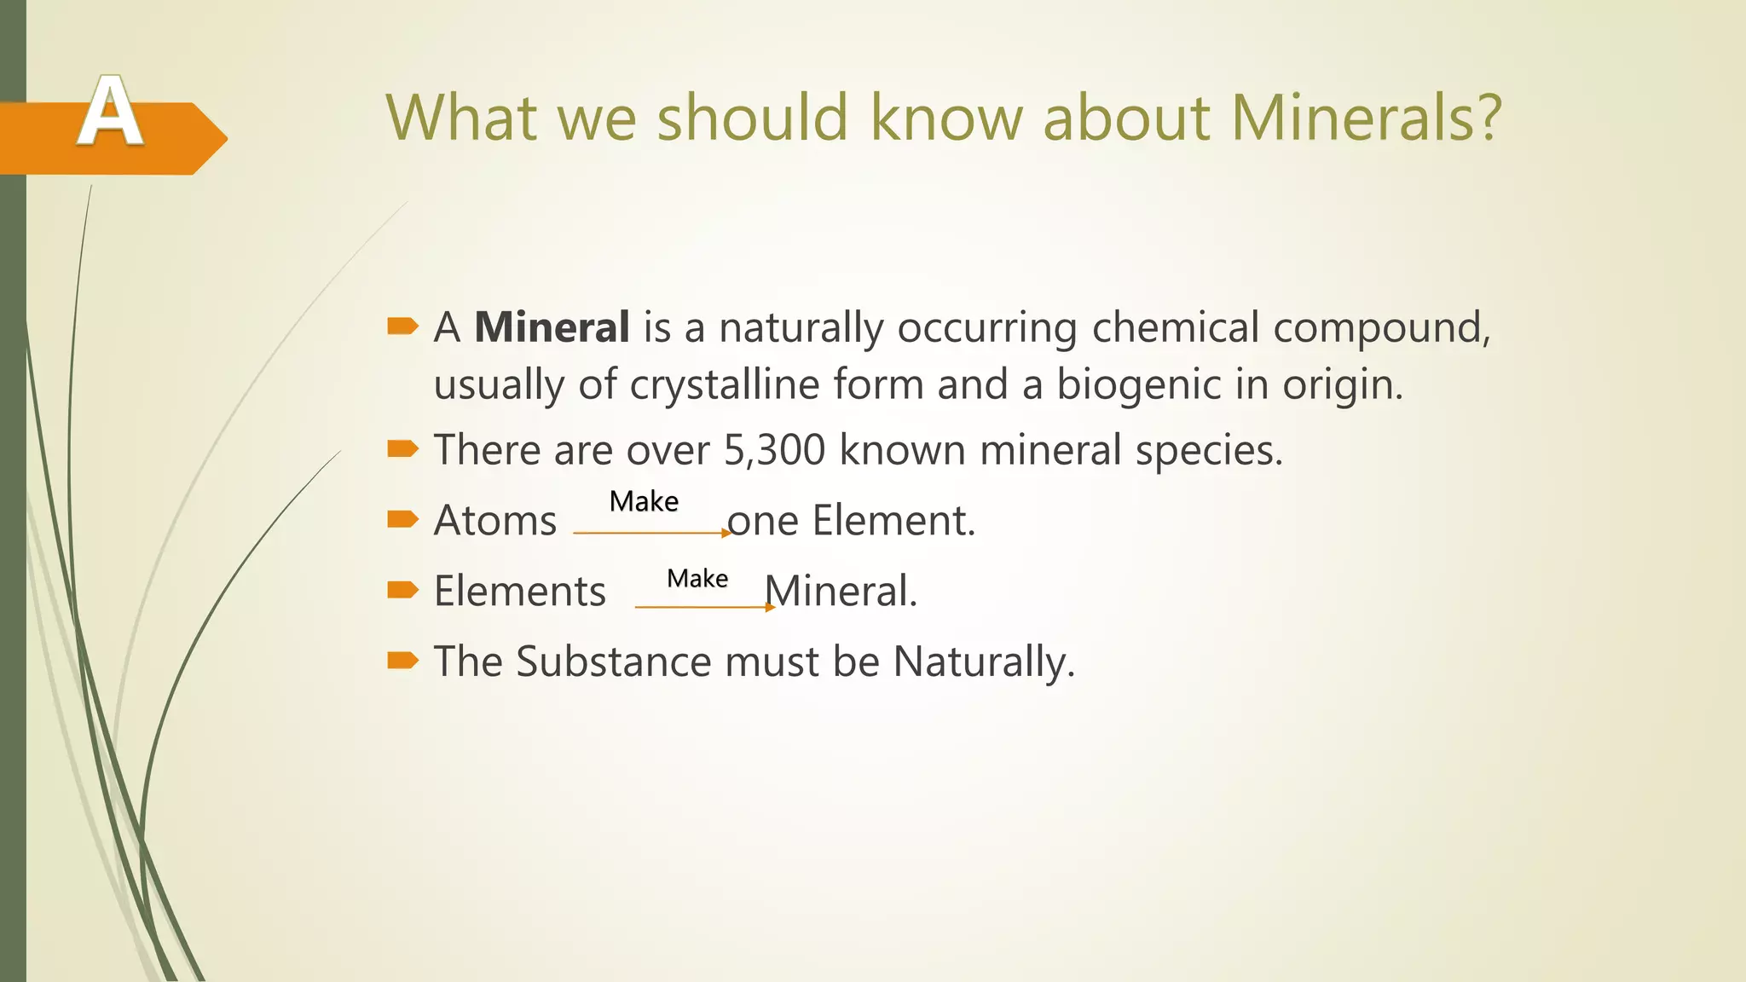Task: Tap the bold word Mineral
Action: [x=552, y=327]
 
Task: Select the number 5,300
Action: [x=774, y=449]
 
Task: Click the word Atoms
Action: [x=494, y=520]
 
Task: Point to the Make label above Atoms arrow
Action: [x=644, y=501]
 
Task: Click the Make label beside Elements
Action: [x=697, y=578]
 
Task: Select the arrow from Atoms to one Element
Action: [x=652, y=533]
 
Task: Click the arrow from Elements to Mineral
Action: [x=704, y=607]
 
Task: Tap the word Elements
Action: [x=519, y=591]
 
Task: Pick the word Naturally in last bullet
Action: [x=983, y=661]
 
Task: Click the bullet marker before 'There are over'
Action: [x=402, y=448]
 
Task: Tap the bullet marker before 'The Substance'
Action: [x=402, y=660]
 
